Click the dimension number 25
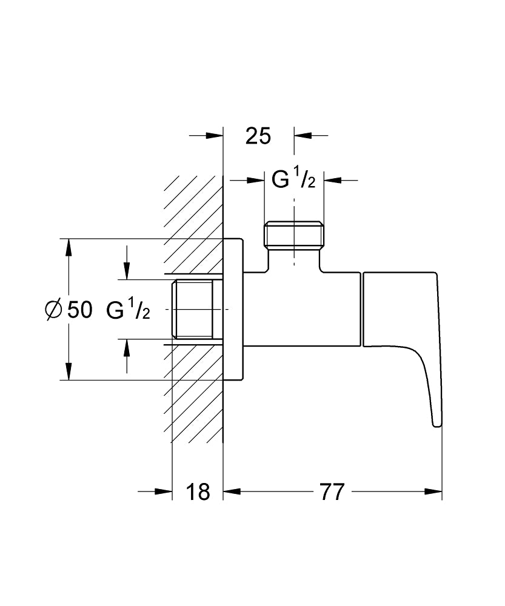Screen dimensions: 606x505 (x=258, y=136)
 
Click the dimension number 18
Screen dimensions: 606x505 (x=198, y=492)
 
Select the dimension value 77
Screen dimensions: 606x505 (x=332, y=492)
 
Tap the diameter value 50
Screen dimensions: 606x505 (x=79, y=310)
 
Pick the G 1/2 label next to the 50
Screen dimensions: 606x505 (x=128, y=310)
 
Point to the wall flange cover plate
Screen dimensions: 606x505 (x=234, y=310)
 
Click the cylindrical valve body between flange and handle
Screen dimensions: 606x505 (x=303, y=309)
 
